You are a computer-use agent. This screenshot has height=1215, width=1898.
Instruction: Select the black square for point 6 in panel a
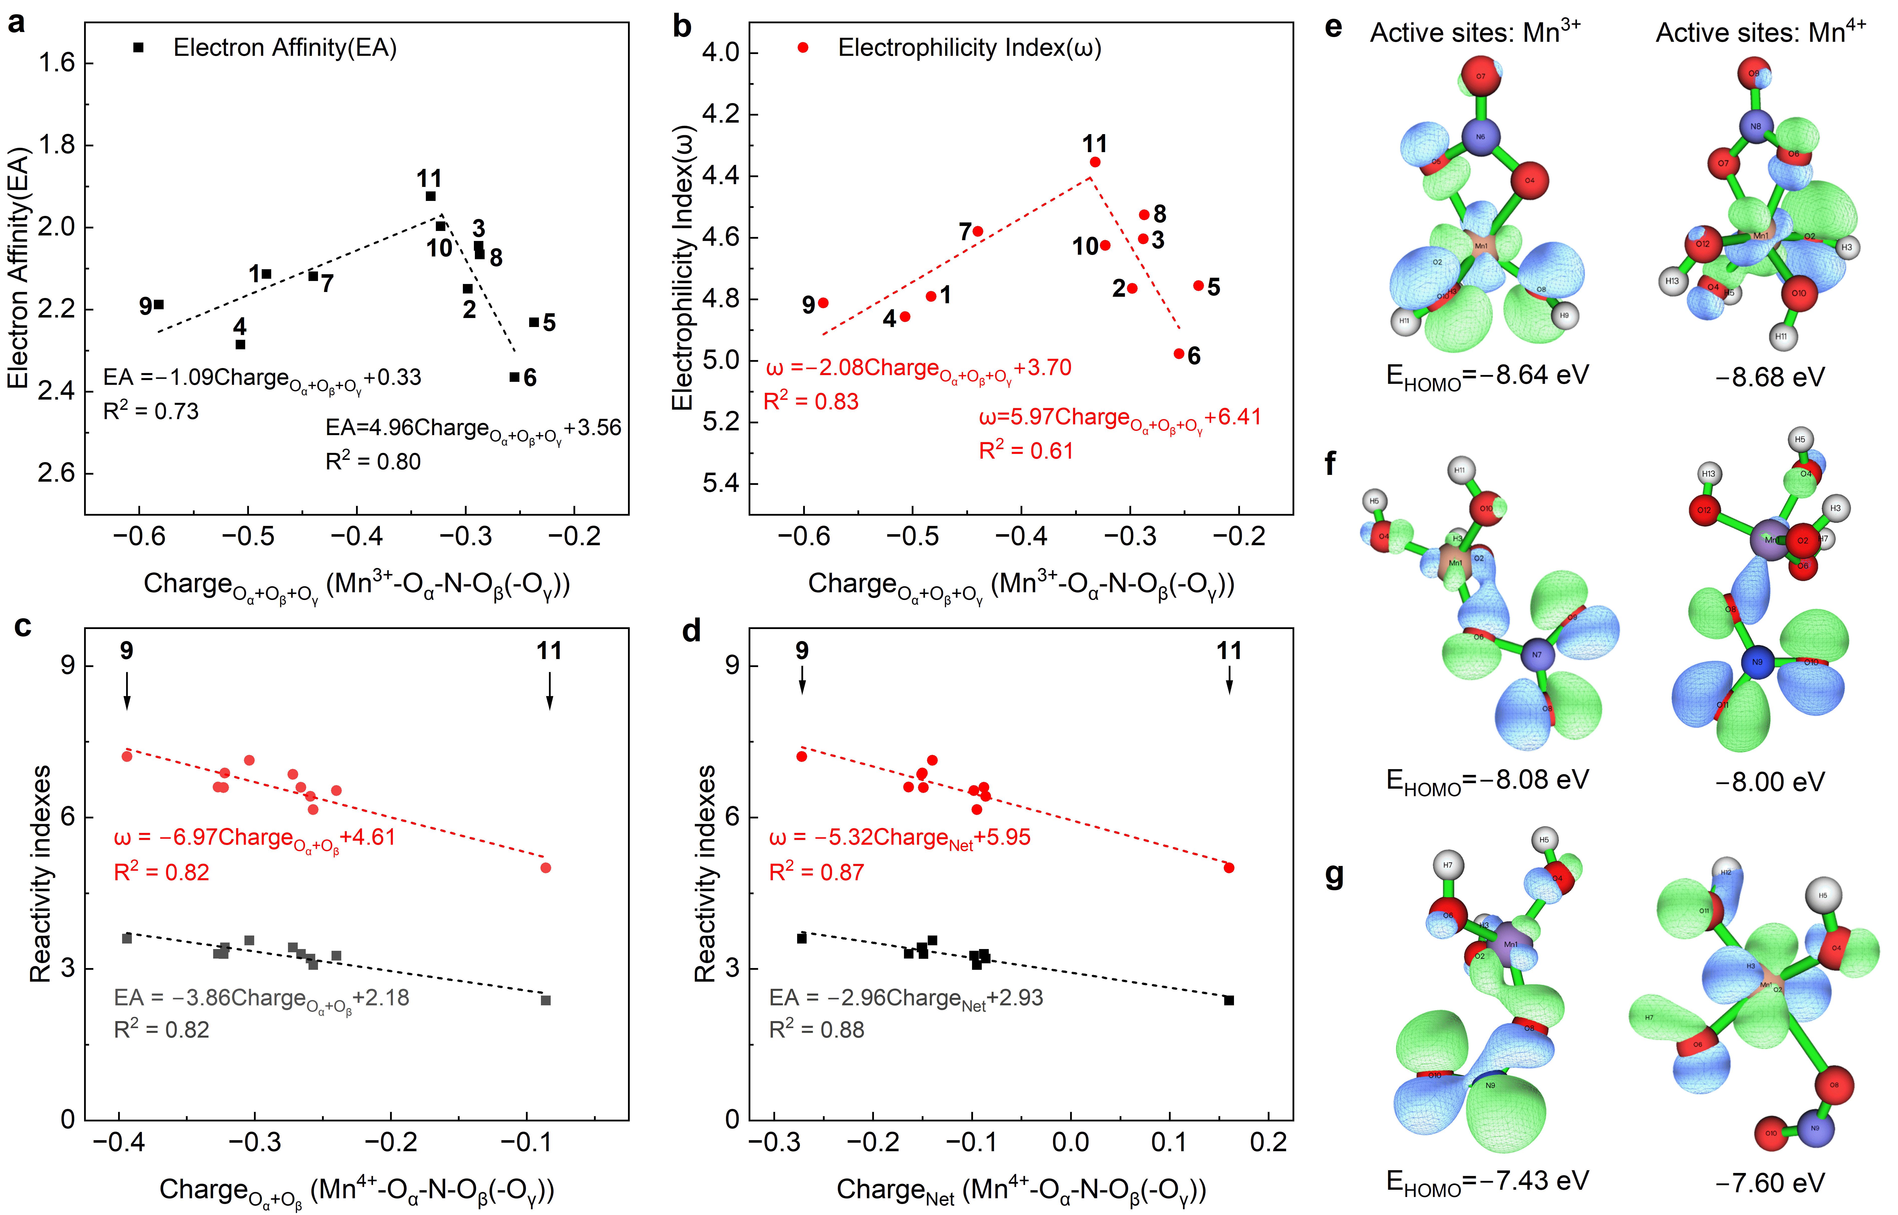click(x=514, y=377)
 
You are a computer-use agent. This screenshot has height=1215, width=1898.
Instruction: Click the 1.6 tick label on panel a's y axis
click(x=57, y=62)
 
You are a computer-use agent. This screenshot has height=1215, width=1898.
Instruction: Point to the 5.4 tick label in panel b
click(x=721, y=483)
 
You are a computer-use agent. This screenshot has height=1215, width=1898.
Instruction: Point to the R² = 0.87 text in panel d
click(x=816, y=872)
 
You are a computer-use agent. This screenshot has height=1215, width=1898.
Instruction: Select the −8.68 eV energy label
click(x=1770, y=377)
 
